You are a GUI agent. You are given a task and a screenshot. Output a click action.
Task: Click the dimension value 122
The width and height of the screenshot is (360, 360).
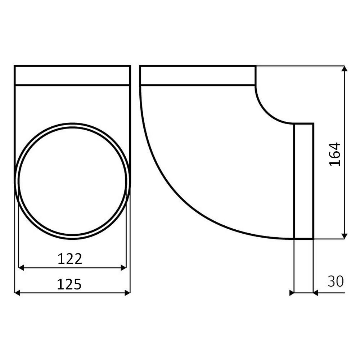70,258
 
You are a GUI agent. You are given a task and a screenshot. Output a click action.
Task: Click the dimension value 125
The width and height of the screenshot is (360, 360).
69,284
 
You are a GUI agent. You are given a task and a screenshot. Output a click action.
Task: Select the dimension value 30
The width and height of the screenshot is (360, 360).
336,282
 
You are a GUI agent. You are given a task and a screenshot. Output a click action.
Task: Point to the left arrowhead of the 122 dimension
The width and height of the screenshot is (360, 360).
21,267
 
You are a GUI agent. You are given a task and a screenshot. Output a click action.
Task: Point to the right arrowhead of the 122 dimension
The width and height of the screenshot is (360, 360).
123,267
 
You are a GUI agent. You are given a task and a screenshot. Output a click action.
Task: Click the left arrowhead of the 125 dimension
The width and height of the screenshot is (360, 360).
17,293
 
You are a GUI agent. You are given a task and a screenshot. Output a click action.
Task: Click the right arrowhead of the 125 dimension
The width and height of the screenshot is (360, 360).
127,293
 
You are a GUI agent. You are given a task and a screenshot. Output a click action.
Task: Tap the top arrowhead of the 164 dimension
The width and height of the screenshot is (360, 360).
345,69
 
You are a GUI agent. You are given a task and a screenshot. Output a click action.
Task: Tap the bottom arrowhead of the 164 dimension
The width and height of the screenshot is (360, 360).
345,236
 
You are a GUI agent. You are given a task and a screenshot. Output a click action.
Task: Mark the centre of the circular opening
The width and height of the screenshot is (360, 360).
72,181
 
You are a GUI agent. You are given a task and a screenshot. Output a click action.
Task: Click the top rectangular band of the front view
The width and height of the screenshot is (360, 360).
72,76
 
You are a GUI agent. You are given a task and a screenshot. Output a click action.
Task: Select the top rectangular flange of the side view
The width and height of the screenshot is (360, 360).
198,76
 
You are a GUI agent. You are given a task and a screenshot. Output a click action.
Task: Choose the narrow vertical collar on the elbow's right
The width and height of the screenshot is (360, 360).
303,181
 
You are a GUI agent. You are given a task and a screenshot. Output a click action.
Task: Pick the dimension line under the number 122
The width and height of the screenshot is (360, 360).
72,268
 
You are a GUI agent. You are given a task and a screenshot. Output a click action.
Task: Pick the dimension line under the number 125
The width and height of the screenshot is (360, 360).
72,293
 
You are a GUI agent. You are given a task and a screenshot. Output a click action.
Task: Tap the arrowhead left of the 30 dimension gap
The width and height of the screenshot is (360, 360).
292,293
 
